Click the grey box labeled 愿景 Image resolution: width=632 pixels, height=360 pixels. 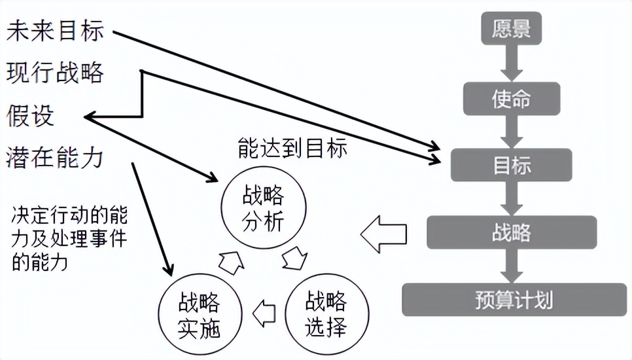pyautogui.click(x=512, y=29)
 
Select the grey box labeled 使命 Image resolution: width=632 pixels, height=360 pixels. pyautogui.click(x=512, y=98)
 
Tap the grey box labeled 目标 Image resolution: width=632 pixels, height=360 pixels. pyautogui.click(x=512, y=165)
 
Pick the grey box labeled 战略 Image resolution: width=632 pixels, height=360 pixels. pyautogui.click(x=512, y=232)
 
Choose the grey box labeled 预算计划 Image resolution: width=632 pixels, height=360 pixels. pyautogui.click(x=514, y=300)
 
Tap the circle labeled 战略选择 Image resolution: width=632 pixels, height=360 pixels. pyautogui.click(x=325, y=312)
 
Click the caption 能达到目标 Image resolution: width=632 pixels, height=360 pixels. pyautogui.click(x=292, y=149)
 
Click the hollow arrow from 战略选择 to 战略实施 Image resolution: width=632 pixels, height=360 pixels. pyautogui.click(x=264, y=312)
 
